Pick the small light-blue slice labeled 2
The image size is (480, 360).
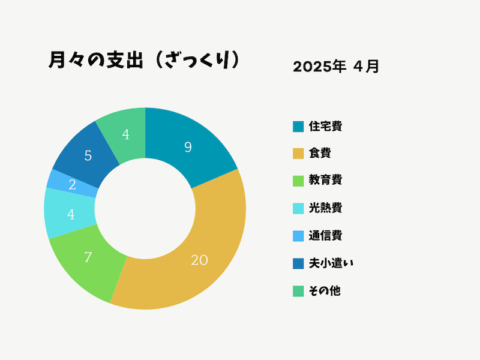point(73,184)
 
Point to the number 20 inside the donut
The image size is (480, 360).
point(199,260)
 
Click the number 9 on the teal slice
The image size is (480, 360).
point(188,147)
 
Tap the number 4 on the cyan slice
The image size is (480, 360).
point(71,215)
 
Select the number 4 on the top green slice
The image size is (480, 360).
point(125,134)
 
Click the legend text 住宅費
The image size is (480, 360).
point(325,126)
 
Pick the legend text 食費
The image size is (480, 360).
point(320,153)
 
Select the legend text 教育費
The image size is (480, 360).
point(325,180)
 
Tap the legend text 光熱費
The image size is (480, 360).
point(325,208)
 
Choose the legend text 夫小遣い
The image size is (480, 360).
point(331,263)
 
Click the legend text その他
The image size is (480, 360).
point(325,291)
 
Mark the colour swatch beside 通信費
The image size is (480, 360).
point(298,236)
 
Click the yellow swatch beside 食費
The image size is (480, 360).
point(298,154)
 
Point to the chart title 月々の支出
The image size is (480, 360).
point(96,60)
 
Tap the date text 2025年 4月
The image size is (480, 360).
point(336,67)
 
